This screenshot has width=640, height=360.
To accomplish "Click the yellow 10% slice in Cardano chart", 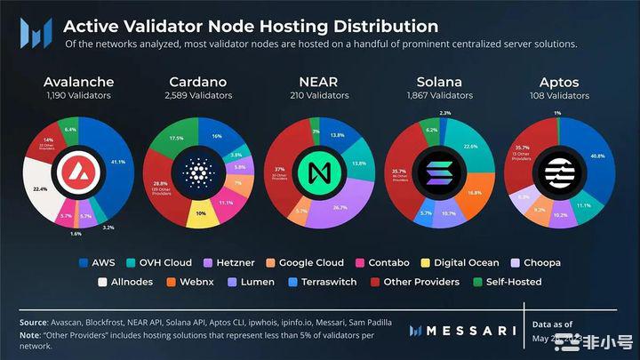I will coord(200,214).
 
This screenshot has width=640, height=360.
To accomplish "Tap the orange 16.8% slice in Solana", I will coord(475,192).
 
